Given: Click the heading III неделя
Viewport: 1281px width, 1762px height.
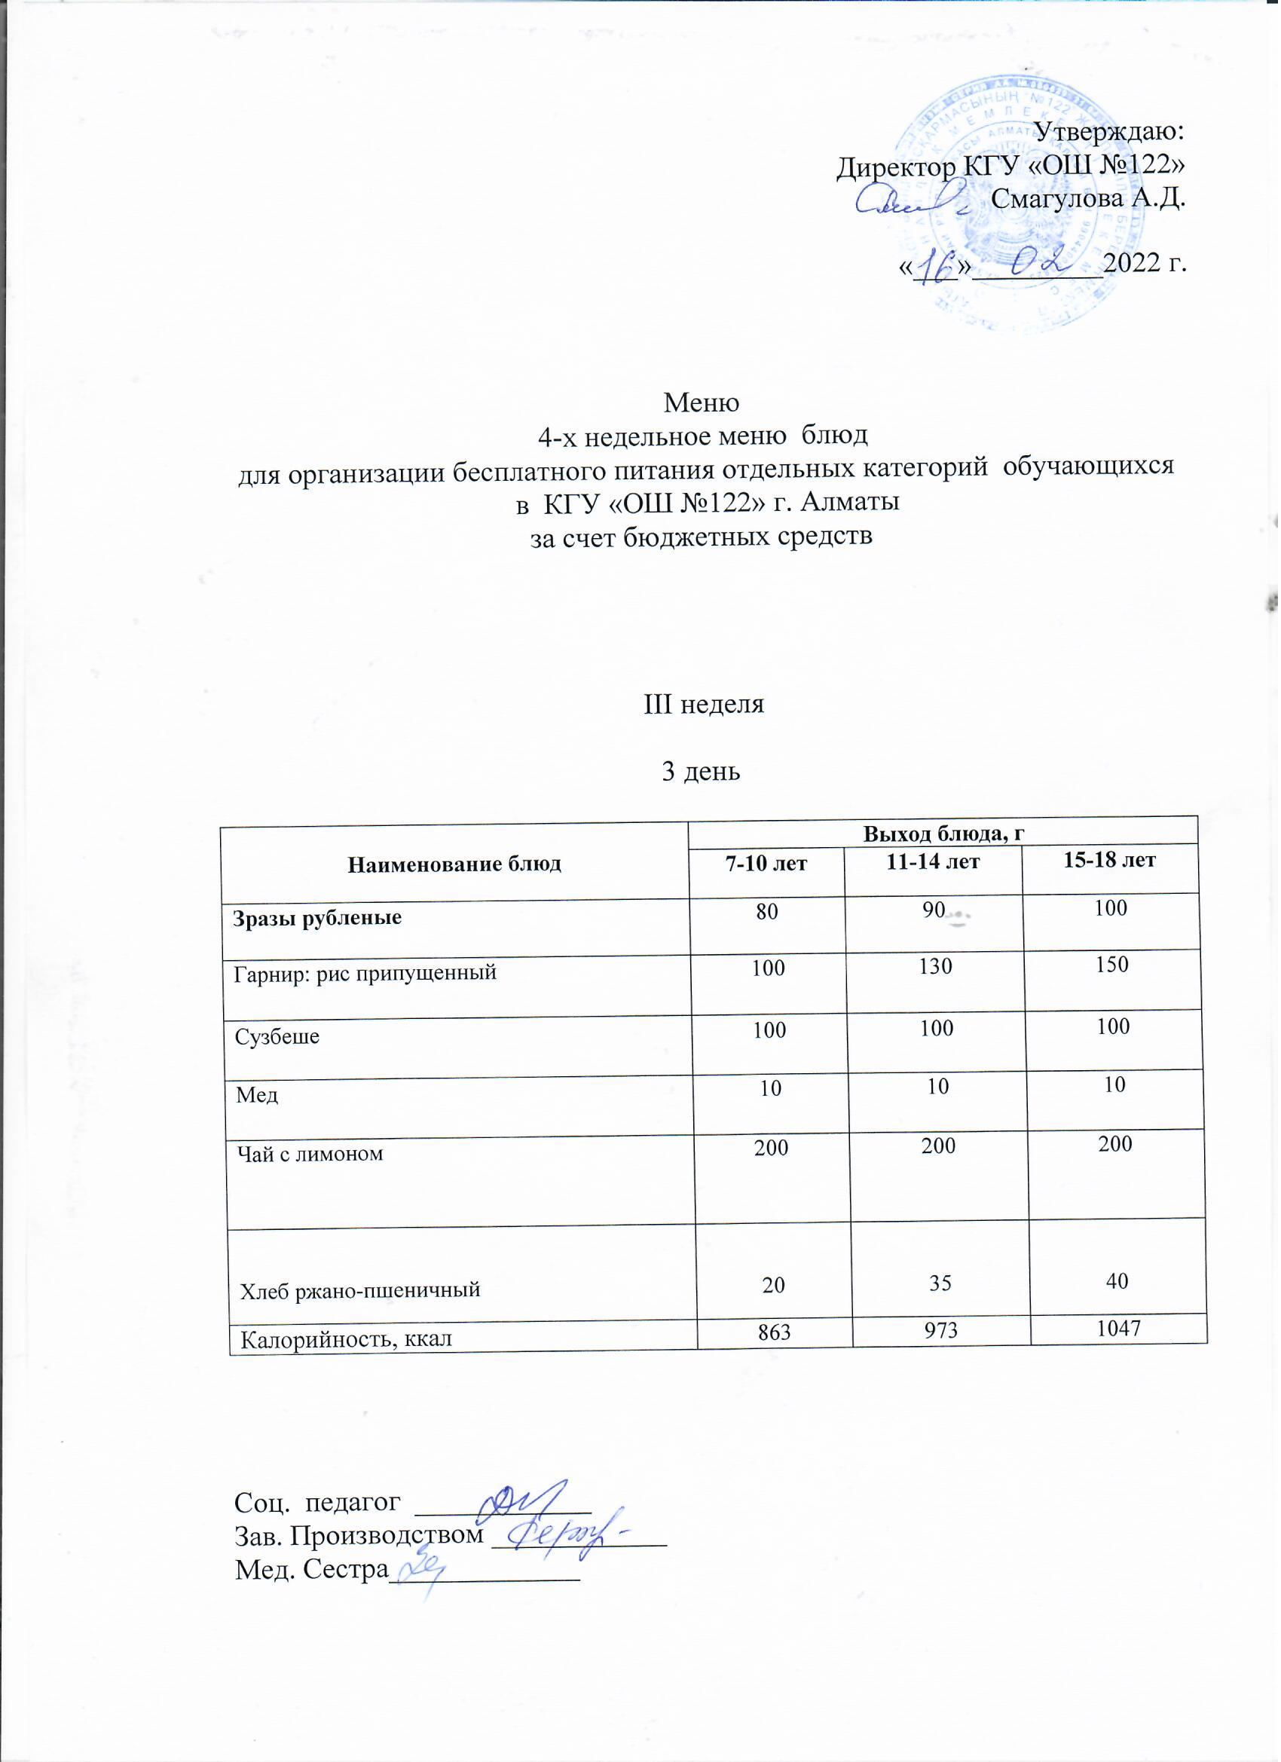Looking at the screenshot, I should pos(705,705).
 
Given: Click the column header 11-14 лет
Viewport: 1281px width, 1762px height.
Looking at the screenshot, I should pos(935,861).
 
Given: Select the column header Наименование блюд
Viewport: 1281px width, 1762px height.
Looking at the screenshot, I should pos(455,864).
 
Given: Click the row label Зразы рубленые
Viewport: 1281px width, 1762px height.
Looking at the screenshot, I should pos(319,918).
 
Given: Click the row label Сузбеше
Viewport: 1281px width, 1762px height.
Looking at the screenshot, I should pos(277,1036).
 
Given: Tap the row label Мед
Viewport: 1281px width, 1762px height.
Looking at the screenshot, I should pos(257,1096).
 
